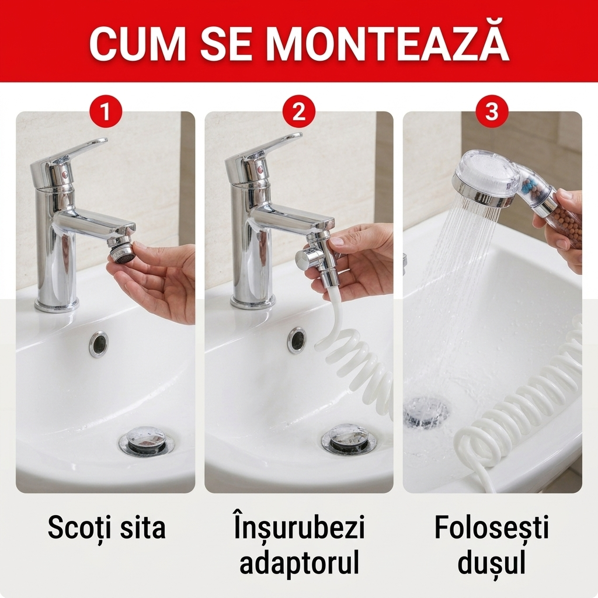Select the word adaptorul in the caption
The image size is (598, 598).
[x=299, y=562]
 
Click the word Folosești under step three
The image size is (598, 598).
[x=492, y=528]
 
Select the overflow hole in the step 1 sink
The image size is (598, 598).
[x=99, y=343]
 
